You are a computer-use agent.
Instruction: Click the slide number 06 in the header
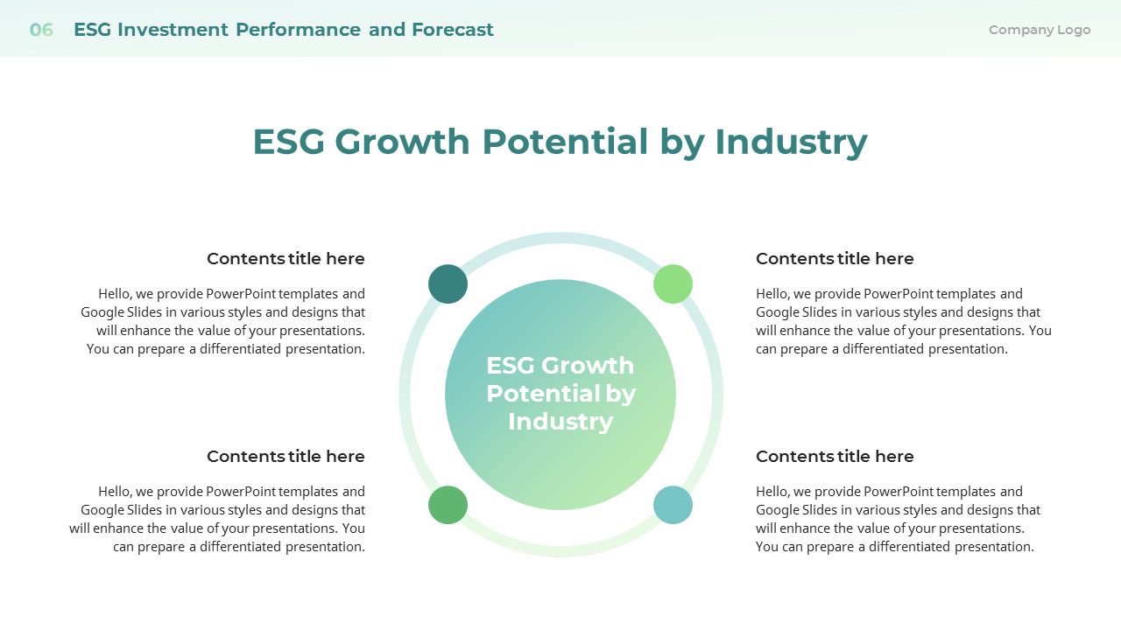pyautogui.click(x=41, y=30)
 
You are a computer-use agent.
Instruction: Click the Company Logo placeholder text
pyautogui.click(x=1040, y=30)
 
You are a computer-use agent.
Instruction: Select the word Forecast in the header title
pyautogui.click(x=453, y=30)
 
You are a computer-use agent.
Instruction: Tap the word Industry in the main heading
pyautogui.click(x=791, y=142)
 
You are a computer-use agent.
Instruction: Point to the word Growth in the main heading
pyautogui.click(x=402, y=142)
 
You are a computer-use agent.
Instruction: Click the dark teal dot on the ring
pyautogui.click(x=448, y=284)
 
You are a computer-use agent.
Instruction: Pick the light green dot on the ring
pyautogui.click(x=673, y=284)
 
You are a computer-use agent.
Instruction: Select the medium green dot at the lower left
pyautogui.click(x=448, y=505)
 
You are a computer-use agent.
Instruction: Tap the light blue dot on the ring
pyautogui.click(x=673, y=505)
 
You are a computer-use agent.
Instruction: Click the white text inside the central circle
pyautogui.click(x=560, y=394)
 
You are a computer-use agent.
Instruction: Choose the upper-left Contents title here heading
pyautogui.click(x=286, y=259)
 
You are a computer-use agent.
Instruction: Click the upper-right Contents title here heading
pyautogui.click(x=835, y=259)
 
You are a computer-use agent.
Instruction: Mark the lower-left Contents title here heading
pyautogui.click(x=286, y=457)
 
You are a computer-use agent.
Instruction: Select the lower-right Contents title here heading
pyautogui.click(x=835, y=457)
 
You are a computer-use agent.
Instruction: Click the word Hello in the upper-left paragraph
pyautogui.click(x=115, y=294)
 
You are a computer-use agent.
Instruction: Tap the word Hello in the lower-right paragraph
pyautogui.click(x=772, y=492)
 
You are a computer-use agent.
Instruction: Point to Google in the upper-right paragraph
pyautogui.click(x=778, y=312)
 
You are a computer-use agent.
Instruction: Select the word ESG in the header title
pyautogui.click(x=93, y=30)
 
